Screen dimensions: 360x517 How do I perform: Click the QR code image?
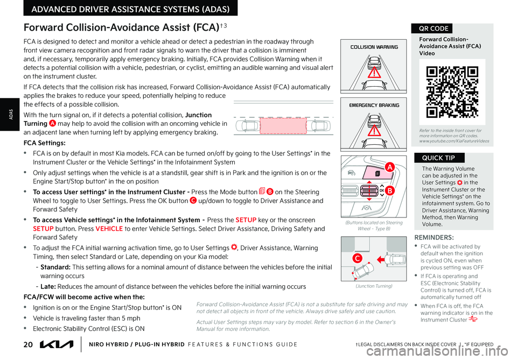click(x=452, y=91)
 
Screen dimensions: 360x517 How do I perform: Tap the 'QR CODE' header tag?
click(x=431, y=29)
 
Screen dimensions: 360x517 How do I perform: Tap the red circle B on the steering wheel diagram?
click(x=389, y=190)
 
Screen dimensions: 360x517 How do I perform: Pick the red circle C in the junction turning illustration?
click(x=357, y=259)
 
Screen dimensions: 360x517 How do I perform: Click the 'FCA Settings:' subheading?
click(x=45, y=143)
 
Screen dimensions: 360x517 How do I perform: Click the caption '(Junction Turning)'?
click(x=373, y=286)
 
